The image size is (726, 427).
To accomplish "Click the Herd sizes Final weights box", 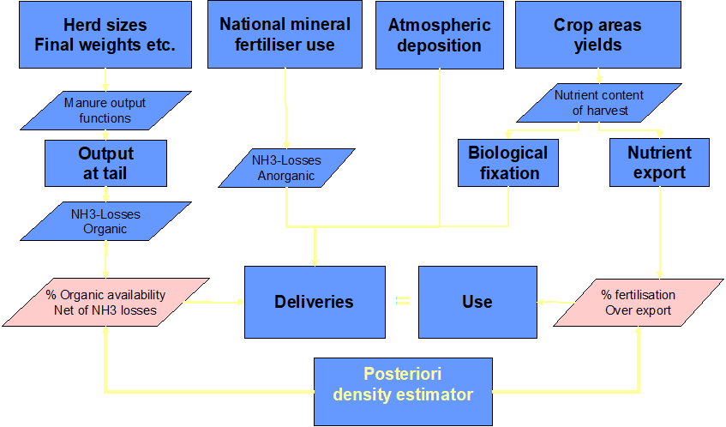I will point(105,35).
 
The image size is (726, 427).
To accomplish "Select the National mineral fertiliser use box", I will point(285,35).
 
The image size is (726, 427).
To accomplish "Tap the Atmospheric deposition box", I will point(439,35).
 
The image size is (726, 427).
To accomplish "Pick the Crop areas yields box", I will point(597,35).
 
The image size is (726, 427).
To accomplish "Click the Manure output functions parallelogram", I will point(105,111).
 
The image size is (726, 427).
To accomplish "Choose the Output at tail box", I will point(105,163).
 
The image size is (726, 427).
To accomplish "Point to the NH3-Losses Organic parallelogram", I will point(105,221).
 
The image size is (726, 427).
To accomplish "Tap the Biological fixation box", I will point(508,163).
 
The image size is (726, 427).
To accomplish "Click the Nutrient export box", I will point(659,163).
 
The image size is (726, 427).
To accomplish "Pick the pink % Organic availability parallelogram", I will point(105,302).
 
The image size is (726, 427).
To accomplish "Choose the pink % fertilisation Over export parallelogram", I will point(639,302).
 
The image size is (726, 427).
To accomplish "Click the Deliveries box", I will point(314,302).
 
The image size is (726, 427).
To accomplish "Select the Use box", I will point(477,302).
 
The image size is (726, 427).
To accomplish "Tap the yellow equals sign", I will point(401,302).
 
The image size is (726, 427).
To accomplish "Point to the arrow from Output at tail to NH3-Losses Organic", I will point(105,195).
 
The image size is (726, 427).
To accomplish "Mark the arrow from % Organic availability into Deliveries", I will point(227,302).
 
